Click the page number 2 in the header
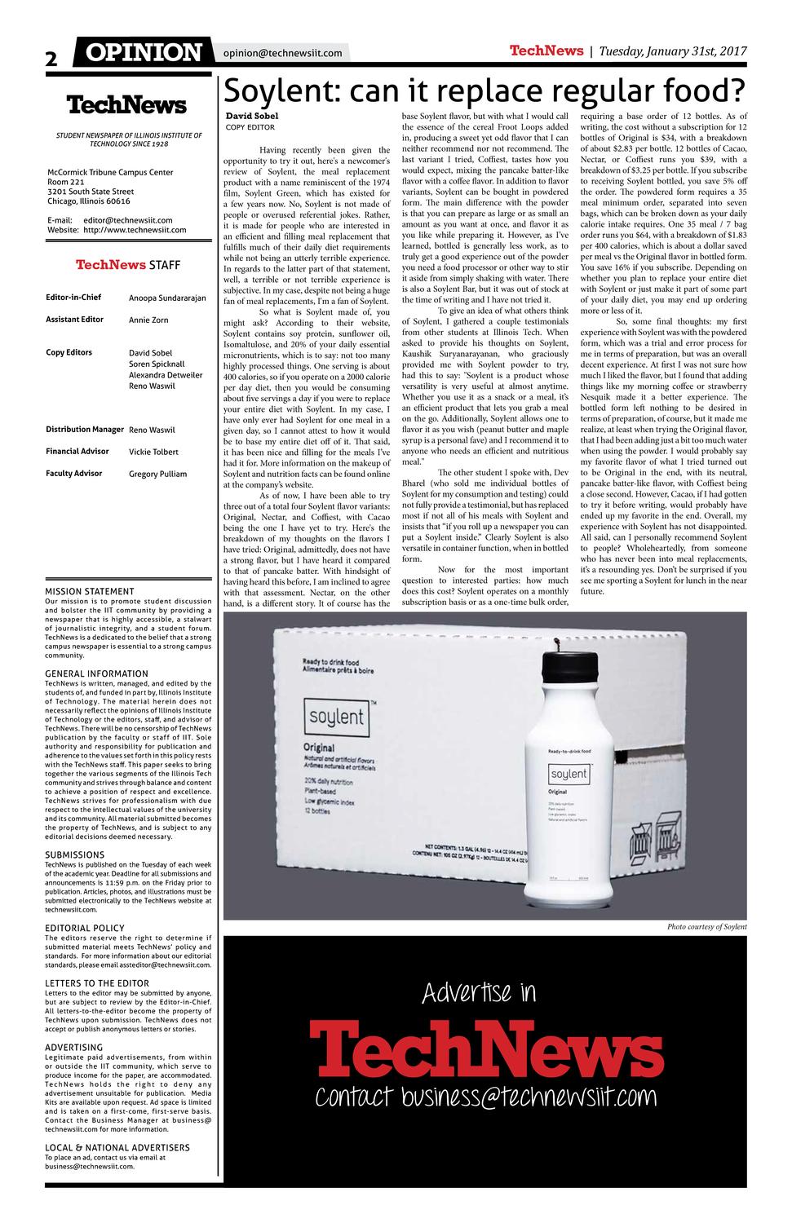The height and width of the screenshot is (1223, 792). coord(52,58)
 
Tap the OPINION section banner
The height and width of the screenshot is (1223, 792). coord(144,53)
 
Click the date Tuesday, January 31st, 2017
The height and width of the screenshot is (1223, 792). coord(673,51)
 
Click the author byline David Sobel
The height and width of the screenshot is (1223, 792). coord(252,116)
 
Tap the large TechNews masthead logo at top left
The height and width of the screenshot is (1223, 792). coord(126,105)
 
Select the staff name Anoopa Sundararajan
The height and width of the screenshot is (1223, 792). coord(167,298)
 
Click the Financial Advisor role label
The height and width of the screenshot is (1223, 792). coord(77,451)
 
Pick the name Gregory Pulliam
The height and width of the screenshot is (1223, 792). coord(157,474)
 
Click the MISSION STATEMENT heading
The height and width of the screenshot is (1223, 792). coord(89,591)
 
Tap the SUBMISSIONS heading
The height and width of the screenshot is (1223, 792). coord(74,854)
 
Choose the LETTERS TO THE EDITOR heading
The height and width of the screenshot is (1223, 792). coord(97,983)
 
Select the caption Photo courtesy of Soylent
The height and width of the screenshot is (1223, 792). coord(706,927)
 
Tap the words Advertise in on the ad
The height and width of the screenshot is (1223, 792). coord(480,992)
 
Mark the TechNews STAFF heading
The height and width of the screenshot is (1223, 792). coord(128,265)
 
